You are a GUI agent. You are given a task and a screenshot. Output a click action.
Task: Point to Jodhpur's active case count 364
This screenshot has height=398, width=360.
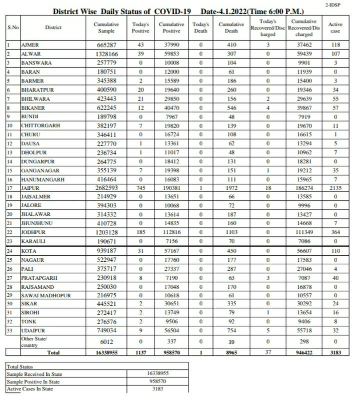pos(335,233)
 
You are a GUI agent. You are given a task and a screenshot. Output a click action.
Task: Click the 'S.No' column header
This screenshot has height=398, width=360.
pos(13,28)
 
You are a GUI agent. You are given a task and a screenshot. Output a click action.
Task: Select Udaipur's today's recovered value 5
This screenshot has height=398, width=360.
pos(269,331)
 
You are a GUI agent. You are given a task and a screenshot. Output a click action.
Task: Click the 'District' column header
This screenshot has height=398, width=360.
pos(53,28)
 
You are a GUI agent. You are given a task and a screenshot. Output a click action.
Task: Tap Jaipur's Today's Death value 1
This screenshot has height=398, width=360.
pos(200,188)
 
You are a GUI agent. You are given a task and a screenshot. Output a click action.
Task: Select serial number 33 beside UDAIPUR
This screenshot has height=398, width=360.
pos(10,331)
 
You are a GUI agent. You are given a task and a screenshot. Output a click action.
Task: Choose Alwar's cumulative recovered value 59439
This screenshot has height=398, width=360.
pos(303,54)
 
